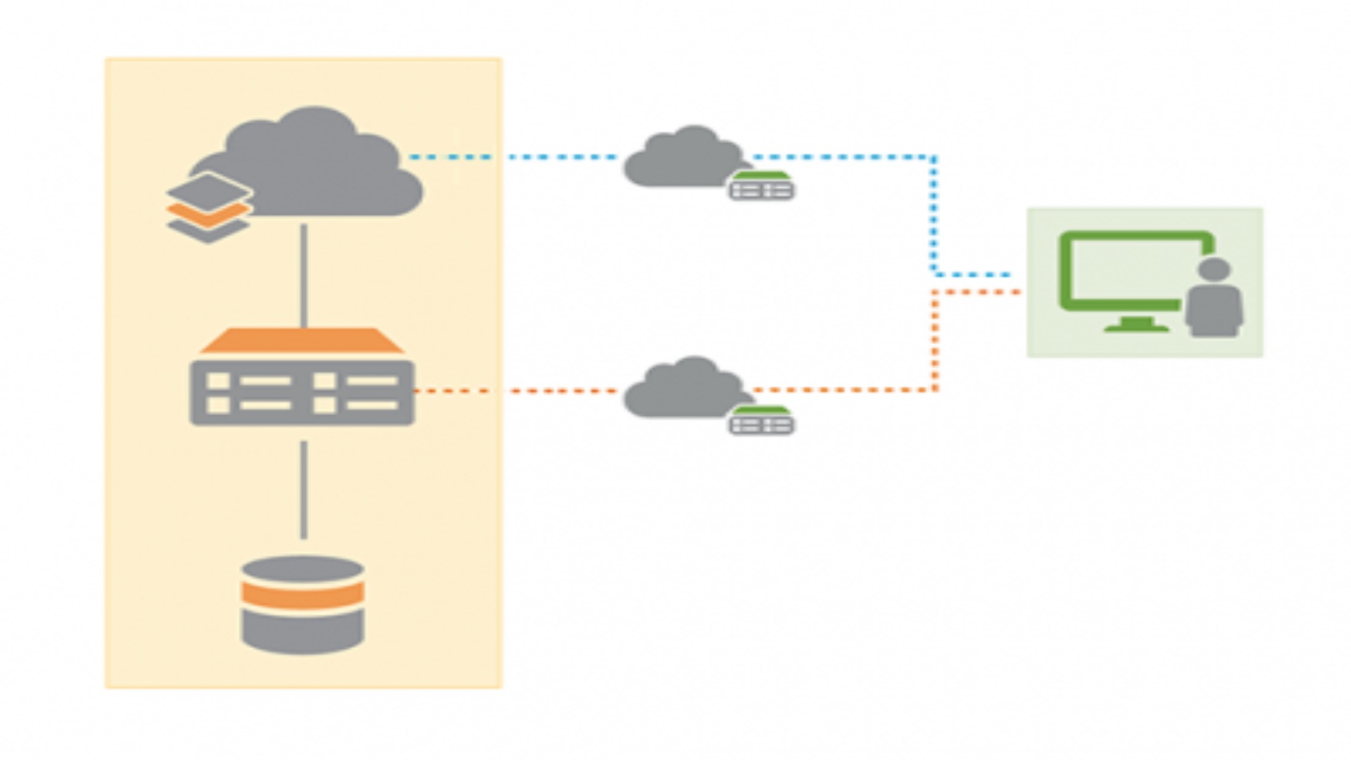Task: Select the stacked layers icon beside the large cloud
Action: (x=208, y=208)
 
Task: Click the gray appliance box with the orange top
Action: (x=303, y=393)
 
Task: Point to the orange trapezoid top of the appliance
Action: (x=303, y=341)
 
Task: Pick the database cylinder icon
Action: (x=303, y=605)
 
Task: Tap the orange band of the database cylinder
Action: (x=303, y=595)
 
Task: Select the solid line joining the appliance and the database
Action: (x=304, y=490)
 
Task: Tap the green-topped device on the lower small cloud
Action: (x=761, y=421)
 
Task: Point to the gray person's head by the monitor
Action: (x=1214, y=270)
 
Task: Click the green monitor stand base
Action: (x=1137, y=327)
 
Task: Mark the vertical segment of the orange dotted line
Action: (x=935, y=341)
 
